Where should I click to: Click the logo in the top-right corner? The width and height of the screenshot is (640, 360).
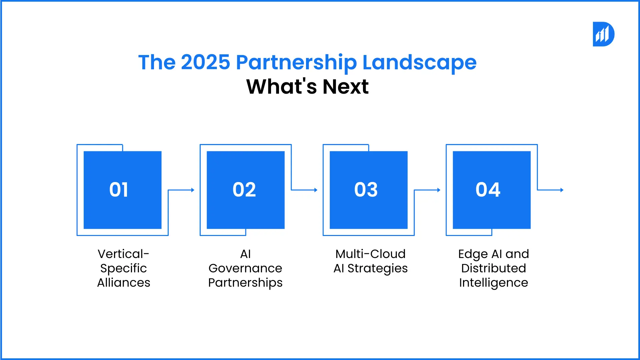[603, 34]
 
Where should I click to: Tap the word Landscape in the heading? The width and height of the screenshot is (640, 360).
[419, 63]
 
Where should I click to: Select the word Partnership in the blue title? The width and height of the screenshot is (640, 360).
[296, 63]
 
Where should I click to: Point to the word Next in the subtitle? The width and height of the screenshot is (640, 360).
[346, 87]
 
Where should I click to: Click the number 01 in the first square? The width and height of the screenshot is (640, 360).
[119, 190]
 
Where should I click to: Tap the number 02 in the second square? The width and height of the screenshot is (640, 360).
[244, 190]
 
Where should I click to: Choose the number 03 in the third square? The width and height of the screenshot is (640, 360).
[366, 190]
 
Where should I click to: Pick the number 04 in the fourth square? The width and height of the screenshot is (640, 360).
[488, 190]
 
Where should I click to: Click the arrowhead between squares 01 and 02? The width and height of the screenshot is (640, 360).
[193, 190]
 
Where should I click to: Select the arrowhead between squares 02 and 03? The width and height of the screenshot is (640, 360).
[316, 190]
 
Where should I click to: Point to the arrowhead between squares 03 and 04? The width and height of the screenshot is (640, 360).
[439, 190]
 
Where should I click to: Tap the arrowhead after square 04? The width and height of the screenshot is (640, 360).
[562, 190]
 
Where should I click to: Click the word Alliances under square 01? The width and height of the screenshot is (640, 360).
[124, 283]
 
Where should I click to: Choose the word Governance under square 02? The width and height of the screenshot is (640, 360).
[245, 268]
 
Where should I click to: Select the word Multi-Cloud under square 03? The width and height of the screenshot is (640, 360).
[370, 254]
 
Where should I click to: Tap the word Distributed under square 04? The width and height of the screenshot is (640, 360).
[494, 268]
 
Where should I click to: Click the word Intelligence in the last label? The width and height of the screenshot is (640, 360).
[494, 283]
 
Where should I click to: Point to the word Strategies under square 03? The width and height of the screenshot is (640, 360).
[377, 269]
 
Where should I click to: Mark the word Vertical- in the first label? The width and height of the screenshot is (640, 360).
[123, 254]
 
